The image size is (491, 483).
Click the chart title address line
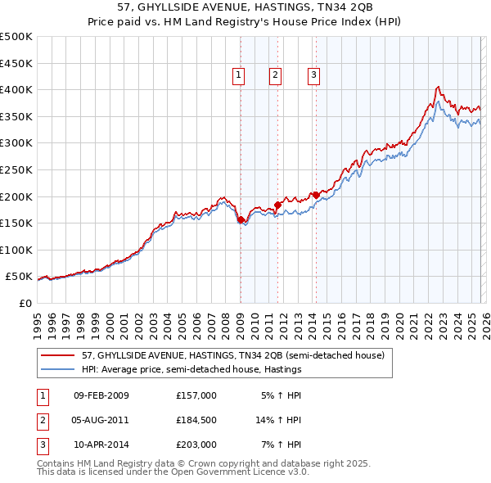[245, 7]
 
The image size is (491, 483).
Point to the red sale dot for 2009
[241, 219]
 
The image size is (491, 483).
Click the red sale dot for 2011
[277, 205]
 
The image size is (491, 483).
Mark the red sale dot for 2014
[316, 195]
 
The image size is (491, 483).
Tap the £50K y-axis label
[19, 277]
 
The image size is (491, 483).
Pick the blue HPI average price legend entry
[191, 369]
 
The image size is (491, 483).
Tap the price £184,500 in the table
[196, 420]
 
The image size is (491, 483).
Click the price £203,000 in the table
[196, 445]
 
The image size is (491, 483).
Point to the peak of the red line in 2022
[439, 87]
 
